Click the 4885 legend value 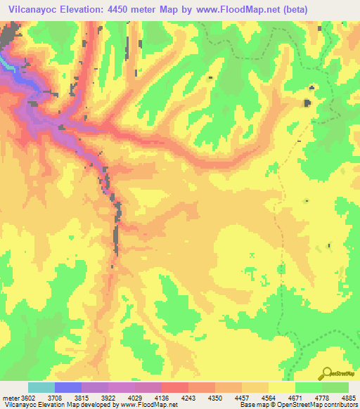[x=349, y=398]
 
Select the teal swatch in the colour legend [x=41, y=387]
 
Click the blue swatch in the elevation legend [x=68, y=387]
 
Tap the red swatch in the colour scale [x=175, y=387]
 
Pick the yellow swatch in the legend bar [x=282, y=387]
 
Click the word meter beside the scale [x=10, y=398]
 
